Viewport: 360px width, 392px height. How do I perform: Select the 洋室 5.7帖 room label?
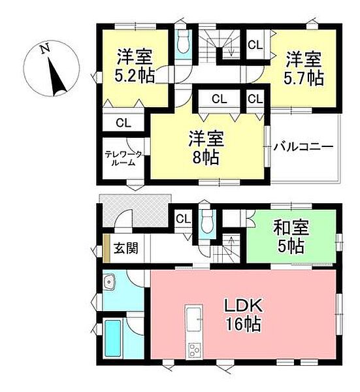(303, 68)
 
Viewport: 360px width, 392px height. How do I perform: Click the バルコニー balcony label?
(304, 146)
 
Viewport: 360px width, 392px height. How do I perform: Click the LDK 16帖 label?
(245, 314)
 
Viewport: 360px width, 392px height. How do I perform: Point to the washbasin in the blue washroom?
(109, 282)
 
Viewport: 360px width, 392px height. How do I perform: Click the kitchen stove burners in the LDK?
(195, 350)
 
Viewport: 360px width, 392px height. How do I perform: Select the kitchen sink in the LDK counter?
(194, 319)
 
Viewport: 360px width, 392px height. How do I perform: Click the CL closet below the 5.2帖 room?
(122, 122)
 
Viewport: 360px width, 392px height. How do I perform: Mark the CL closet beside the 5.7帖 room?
(255, 45)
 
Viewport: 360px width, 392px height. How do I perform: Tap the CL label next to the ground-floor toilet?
(183, 218)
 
